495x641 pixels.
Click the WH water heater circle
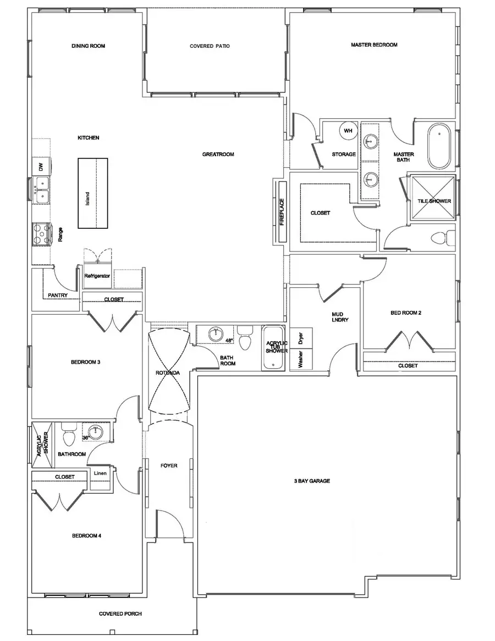click(x=348, y=131)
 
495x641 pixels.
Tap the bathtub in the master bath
click(x=439, y=146)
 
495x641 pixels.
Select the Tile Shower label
click(x=434, y=201)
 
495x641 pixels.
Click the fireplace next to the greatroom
click(x=282, y=212)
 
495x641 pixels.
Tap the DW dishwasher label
click(x=40, y=166)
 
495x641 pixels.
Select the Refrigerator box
click(x=97, y=277)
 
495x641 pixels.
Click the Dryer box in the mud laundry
click(x=301, y=337)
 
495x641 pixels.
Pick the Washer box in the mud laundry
click(x=301, y=360)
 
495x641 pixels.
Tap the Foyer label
click(x=169, y=465)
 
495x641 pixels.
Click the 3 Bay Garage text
click(x=311, y=481)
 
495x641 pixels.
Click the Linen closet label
click(x=100, y=473)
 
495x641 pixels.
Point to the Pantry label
click(x=58, y=295)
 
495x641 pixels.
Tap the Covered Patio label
click(x=210, y=46)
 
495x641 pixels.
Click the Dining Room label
click(x=88, y=46)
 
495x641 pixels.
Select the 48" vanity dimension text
click(x=228, y=341)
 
